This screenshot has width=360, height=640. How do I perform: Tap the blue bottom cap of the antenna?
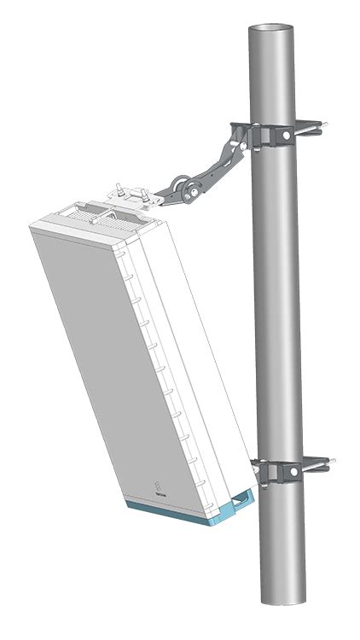pyautogui.click(x=179, y=514)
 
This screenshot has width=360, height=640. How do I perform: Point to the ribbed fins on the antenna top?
pyautogui.click(x=94, y=213)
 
